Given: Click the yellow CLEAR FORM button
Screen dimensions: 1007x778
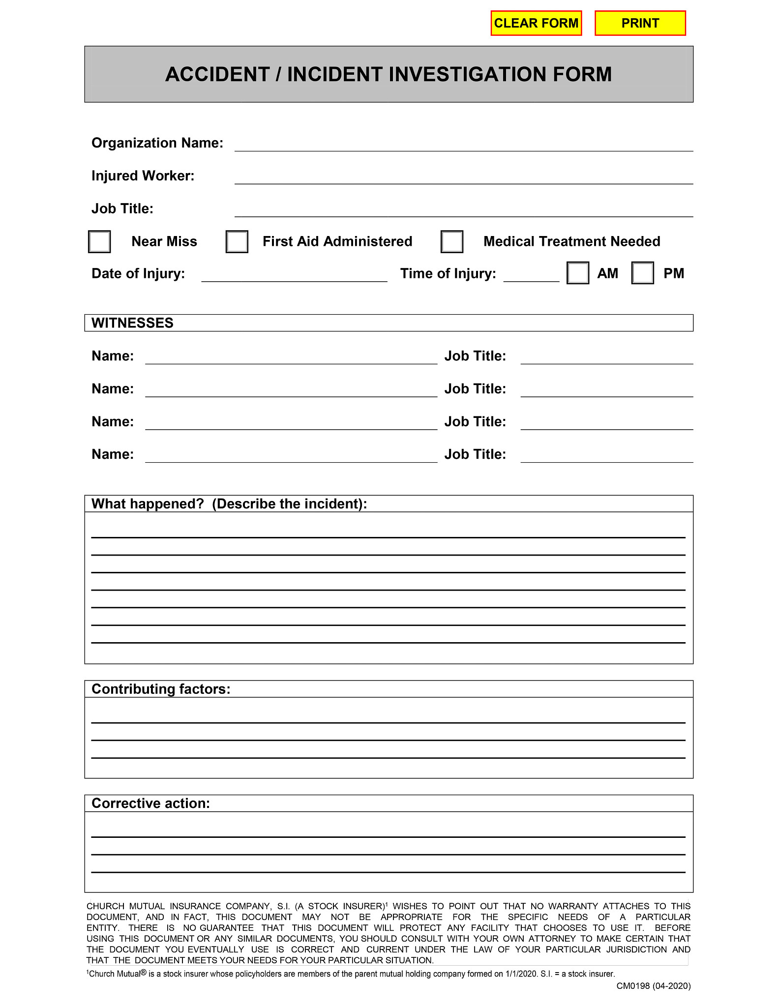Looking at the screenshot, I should (536, 23).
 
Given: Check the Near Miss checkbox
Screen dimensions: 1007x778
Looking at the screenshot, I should (99, 241).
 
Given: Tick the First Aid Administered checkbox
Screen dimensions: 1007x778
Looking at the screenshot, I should (237, 241).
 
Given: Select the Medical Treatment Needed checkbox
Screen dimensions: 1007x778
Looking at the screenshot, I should (451, 241).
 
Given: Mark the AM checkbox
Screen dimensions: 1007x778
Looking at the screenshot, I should (577, 273).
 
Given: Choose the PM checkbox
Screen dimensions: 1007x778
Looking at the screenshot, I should (642, 273).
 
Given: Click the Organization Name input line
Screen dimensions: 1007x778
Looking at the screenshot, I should (463, 144).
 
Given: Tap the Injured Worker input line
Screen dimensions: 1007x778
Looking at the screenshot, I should (463, 177).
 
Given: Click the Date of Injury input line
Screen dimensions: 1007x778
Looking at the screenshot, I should (294, 275).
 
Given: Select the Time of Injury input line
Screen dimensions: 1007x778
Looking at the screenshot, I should (531, 275).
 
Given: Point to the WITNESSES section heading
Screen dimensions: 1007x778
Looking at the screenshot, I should (132, 323).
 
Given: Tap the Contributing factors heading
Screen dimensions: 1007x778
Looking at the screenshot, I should (161, 689).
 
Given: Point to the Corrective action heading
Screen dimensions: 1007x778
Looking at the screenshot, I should (150, 803).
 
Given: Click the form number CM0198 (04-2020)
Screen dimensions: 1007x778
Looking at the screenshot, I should (653, 986).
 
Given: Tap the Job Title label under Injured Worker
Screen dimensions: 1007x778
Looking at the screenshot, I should (122, 208).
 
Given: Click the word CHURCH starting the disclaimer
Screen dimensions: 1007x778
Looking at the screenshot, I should (104, 906).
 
